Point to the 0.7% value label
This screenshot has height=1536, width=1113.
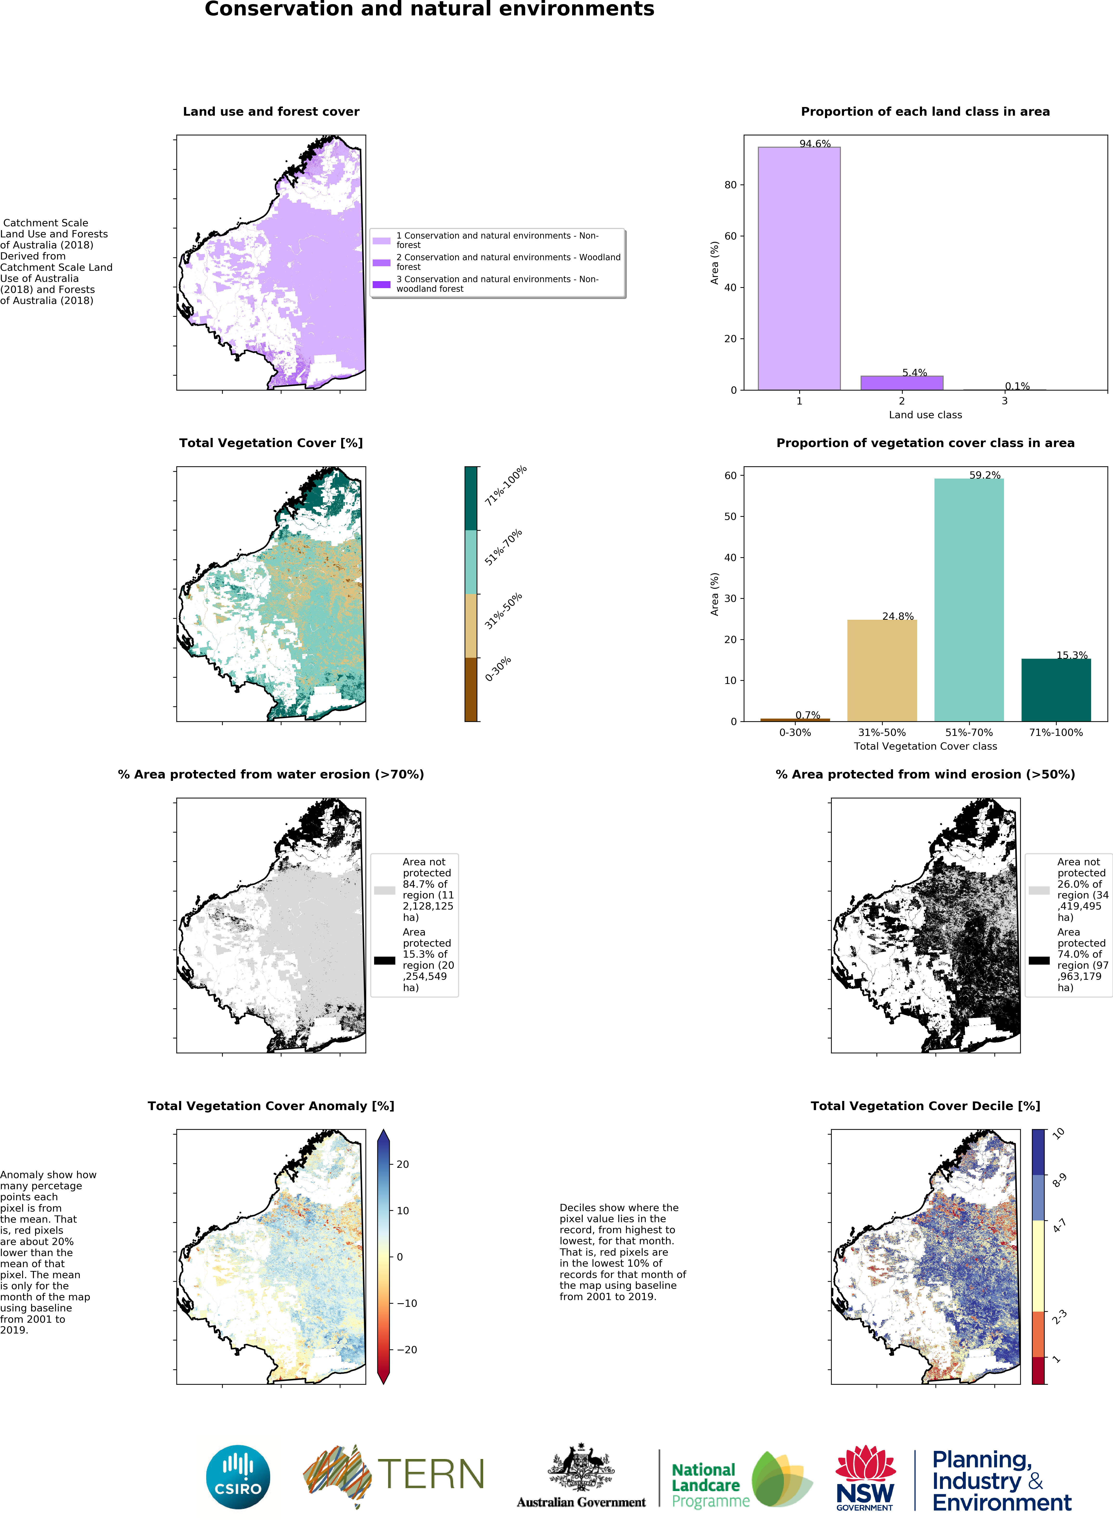(807, 715)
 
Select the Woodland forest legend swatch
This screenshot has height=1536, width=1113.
(381, 262)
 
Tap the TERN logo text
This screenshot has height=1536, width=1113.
(431, 1474)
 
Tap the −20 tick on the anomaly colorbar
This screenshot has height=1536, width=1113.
(406, 1350)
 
